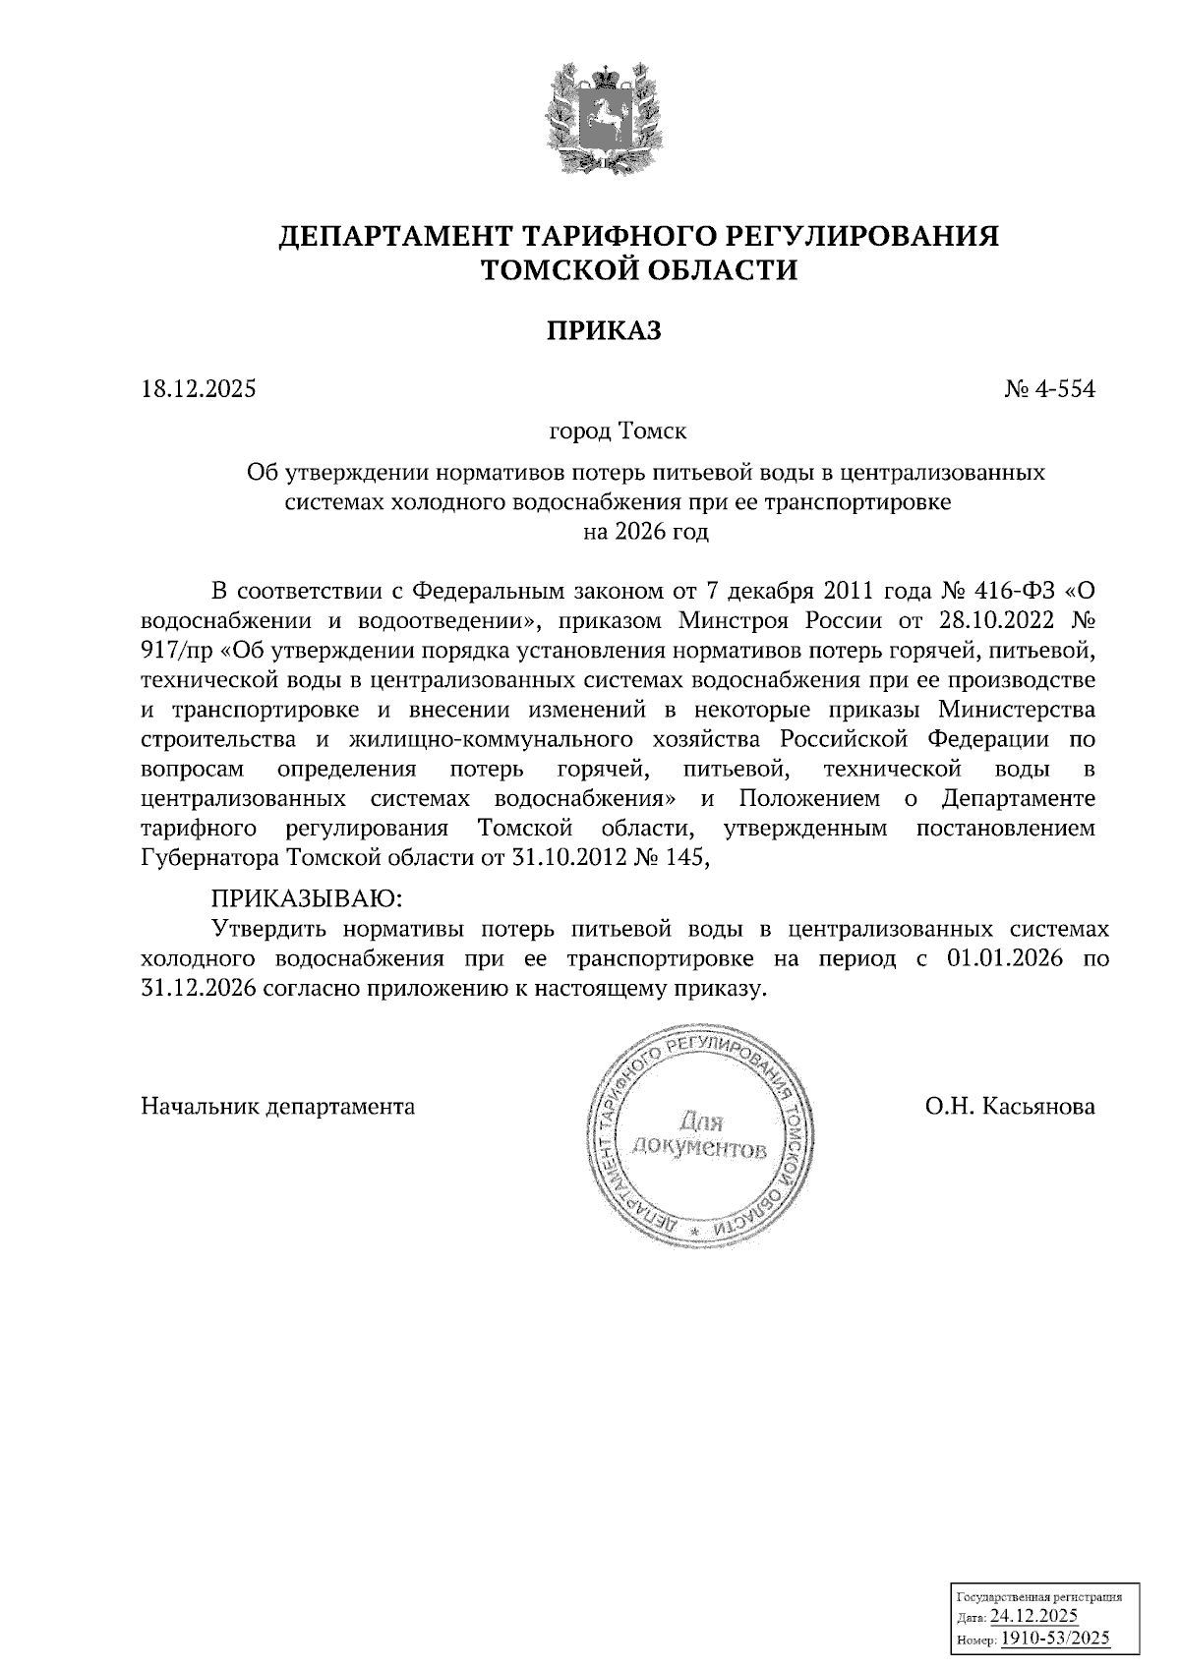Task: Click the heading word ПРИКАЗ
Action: [x=604, y=330]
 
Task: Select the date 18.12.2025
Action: [x=198, y=389]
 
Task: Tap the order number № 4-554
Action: [x=1049, y=389]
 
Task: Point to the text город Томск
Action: [x=618, y=432]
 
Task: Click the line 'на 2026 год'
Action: [x=645, y=534]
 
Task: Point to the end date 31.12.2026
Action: [x=200, y=989]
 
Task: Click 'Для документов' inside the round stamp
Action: [x=699, y=1133]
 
